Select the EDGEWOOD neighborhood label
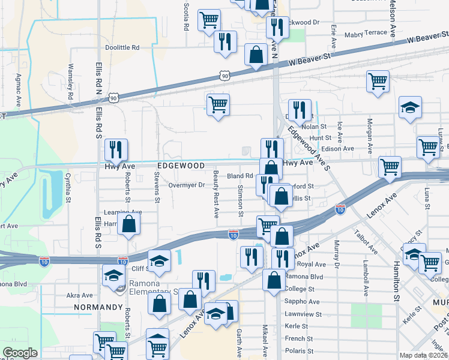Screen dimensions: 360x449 (178, 165)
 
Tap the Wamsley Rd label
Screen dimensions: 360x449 (70, 82)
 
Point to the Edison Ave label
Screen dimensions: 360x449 (338, 149)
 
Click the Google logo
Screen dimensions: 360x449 (20, 352)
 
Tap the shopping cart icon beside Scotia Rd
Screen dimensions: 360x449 (209, 19)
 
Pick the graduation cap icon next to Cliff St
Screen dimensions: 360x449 (159, 260)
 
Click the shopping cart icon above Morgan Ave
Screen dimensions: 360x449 (377, 80)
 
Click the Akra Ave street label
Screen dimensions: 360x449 (80, 295)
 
